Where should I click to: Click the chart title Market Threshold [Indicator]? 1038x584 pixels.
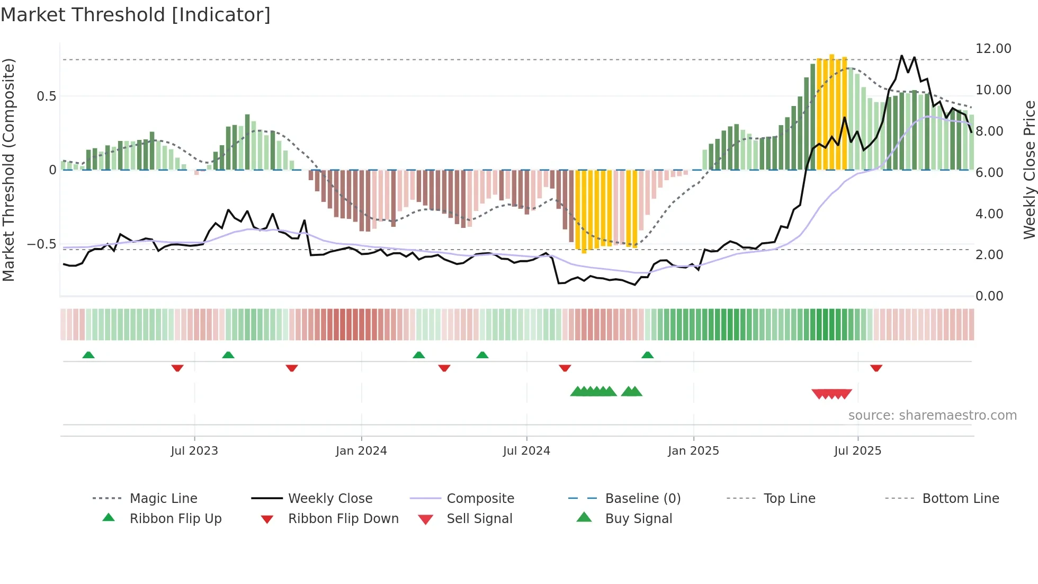pos(136,15)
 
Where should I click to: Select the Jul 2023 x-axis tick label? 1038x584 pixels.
pos(194,450)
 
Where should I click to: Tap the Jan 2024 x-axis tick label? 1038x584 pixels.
pos(361,450)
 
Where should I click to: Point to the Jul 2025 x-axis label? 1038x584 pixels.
pos(857,450)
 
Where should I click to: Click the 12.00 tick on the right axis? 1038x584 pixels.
pos(993,49)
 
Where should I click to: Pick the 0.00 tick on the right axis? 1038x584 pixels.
pos(989,296)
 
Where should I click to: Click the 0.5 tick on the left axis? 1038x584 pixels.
pos(46,96)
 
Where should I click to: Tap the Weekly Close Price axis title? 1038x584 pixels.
pos(1029,170)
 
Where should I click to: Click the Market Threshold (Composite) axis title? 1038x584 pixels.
pos(8,170)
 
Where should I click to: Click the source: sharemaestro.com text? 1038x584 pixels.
pos(932,415)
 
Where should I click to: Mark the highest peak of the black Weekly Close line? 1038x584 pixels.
pos(902,56)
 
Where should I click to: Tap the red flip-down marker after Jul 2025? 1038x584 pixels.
pos(876,368)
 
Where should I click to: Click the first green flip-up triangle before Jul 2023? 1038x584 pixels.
pos(88,355)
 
